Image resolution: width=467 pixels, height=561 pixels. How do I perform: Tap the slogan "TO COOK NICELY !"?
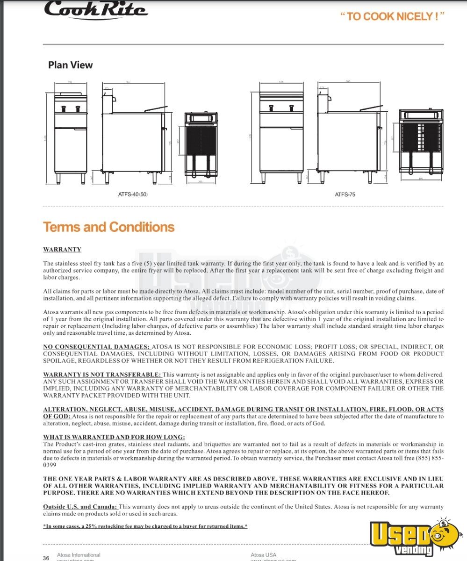pos(392,16)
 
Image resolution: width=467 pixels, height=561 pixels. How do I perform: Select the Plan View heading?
pos(70,65)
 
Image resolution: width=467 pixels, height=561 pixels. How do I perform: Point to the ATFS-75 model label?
pos(345,194)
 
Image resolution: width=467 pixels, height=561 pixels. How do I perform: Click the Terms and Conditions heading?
pos(108,227)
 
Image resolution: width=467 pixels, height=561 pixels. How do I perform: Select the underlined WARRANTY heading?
pos(62,250)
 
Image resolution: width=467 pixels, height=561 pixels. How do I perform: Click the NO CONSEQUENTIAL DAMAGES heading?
pos(96,347)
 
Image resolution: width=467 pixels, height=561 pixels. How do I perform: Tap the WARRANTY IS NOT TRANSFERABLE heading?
pos(102,374)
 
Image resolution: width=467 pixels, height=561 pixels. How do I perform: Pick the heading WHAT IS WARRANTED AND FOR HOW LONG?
pos(114,437)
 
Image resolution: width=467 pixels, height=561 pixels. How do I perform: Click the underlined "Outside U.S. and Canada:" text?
pos(80,507)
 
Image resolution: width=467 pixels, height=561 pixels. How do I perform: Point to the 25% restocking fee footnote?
pos(145,526)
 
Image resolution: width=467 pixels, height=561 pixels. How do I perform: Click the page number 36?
pos(46,558)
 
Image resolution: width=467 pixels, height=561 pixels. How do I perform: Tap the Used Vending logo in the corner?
pos(413,538)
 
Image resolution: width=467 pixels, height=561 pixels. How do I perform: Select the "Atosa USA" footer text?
pos(263,555)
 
